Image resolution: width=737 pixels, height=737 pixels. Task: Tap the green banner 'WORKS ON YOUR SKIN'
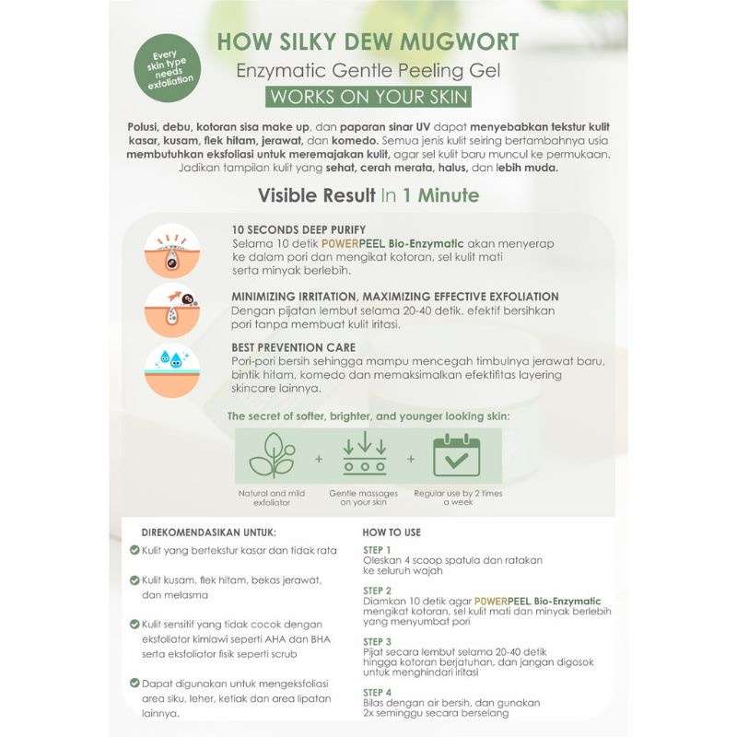(x=368, y=97)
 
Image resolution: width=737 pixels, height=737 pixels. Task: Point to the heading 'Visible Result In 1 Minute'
(x=368, y=195)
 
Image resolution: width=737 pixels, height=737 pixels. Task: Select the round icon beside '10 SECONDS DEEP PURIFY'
(x=172, y=251)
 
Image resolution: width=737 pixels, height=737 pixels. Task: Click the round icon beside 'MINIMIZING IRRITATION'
(x=172, y=310)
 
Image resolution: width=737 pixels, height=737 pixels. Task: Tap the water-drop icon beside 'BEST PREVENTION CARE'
(x=172, y=369)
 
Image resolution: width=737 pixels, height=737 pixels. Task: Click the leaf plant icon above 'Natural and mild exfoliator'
(x=273, y=454)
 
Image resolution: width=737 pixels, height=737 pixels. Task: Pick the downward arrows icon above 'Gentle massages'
(x=364, y=454)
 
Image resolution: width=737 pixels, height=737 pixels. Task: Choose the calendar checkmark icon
(x=456, y=454)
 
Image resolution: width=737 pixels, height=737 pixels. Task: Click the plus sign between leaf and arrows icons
(x=319, y=458)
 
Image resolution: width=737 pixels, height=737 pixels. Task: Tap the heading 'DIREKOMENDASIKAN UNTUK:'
(x=208, y=532)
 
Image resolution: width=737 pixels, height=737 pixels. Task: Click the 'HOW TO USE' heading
(x=392, y=532)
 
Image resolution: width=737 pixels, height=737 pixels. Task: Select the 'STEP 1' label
(x=378, y=550)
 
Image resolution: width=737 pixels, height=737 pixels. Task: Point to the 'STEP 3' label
(x=378, y=641)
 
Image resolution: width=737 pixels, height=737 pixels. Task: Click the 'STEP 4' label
(x=378, y=692)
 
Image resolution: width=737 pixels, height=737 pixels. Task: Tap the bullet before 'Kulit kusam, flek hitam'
(x=135, y=580)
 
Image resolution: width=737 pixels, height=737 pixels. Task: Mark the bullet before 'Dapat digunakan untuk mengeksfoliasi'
(x=135, y=684)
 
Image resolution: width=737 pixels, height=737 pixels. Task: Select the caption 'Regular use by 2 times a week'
(x=457, y=498)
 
